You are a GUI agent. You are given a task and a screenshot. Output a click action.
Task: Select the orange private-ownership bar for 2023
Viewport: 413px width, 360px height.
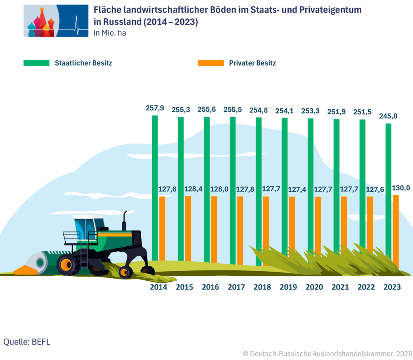(x=396, y=230)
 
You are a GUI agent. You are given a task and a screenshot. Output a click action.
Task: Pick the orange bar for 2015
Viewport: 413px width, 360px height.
(x=188, y=230)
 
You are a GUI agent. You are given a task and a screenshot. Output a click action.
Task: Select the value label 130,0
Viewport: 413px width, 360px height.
(x=401, y=188)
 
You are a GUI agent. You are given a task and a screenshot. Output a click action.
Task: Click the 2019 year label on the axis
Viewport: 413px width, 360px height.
(x=288, y=287)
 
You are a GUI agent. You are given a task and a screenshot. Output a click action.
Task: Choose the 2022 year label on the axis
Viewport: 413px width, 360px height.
(x=366, y=287)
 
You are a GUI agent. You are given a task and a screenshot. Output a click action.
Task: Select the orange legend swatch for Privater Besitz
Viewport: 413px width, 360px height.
(x=211, y=63)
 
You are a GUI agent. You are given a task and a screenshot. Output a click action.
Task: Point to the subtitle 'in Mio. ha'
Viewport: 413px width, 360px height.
(x=110, y=33)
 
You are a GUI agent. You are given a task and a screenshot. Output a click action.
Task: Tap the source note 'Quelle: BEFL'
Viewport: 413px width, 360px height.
(x=27, y=341)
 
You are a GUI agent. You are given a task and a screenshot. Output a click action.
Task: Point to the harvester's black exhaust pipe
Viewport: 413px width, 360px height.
(x=125, y=220)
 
